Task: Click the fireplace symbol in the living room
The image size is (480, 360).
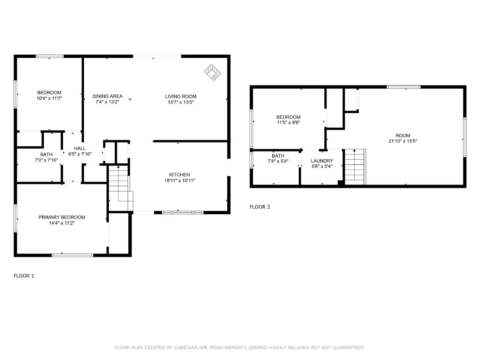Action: click(212, 72)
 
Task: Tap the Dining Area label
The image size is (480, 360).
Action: click(107, 96)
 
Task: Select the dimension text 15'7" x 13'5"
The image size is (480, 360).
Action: click(181, 102)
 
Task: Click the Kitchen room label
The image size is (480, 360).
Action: click(179, 175)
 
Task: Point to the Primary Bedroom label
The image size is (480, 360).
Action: click(61, 217)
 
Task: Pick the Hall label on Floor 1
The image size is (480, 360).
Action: click(80, 148)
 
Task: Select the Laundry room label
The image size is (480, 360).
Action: click(322, 161)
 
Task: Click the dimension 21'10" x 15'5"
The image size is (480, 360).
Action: click(403, 141)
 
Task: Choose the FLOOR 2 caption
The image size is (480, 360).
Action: click(260, 207)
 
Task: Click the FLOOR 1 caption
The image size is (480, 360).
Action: click(24, 276)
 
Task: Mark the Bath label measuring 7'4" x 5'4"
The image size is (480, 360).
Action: click(278, 156)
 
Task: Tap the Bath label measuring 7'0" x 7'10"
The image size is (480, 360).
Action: click(46, 154)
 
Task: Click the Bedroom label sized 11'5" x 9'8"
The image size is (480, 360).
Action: click(288, 117)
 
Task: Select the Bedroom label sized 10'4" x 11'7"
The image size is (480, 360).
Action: click(49, 93)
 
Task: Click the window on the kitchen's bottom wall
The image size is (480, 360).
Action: click(182, 212)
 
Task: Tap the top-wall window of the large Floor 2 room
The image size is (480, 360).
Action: click(403, 87)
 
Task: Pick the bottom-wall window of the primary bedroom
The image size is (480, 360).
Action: click(72, 255)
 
